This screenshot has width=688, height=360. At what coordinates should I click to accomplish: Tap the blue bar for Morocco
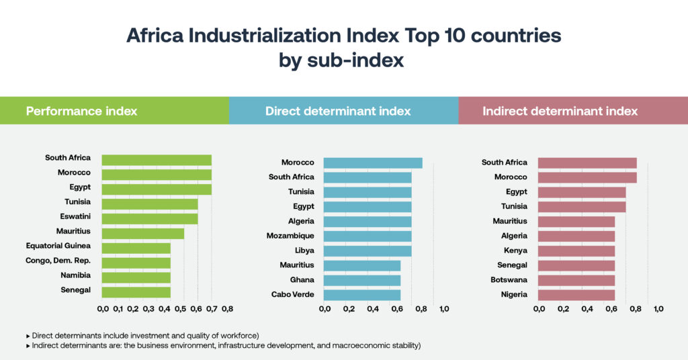tap(373, 163)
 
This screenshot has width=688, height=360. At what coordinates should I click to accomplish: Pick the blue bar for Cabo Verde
tap(362, 295)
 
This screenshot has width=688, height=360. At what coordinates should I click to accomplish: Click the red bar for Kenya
tap(576, 251)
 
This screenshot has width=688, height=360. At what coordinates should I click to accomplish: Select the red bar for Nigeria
tap(576, 295)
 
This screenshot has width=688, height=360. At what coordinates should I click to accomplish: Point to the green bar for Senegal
tap(136, 291)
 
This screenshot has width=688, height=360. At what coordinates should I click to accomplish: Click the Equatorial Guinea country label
tap(58, 246)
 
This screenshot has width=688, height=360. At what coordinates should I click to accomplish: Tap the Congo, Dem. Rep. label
tap(58, 261)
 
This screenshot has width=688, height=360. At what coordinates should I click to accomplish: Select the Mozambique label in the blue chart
tap(290, 236)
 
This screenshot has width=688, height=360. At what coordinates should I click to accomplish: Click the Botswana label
tap(509, 279)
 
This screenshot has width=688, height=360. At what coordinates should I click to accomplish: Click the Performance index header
tap(81, 111)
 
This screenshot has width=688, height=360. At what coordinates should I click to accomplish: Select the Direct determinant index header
tap(338, 111)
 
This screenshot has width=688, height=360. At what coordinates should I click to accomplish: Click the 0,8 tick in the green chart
tap(226, 309)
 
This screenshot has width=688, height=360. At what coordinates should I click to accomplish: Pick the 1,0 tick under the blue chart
tap(444, 309)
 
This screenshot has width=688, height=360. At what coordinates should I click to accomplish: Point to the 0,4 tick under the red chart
tap(587, 309)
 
